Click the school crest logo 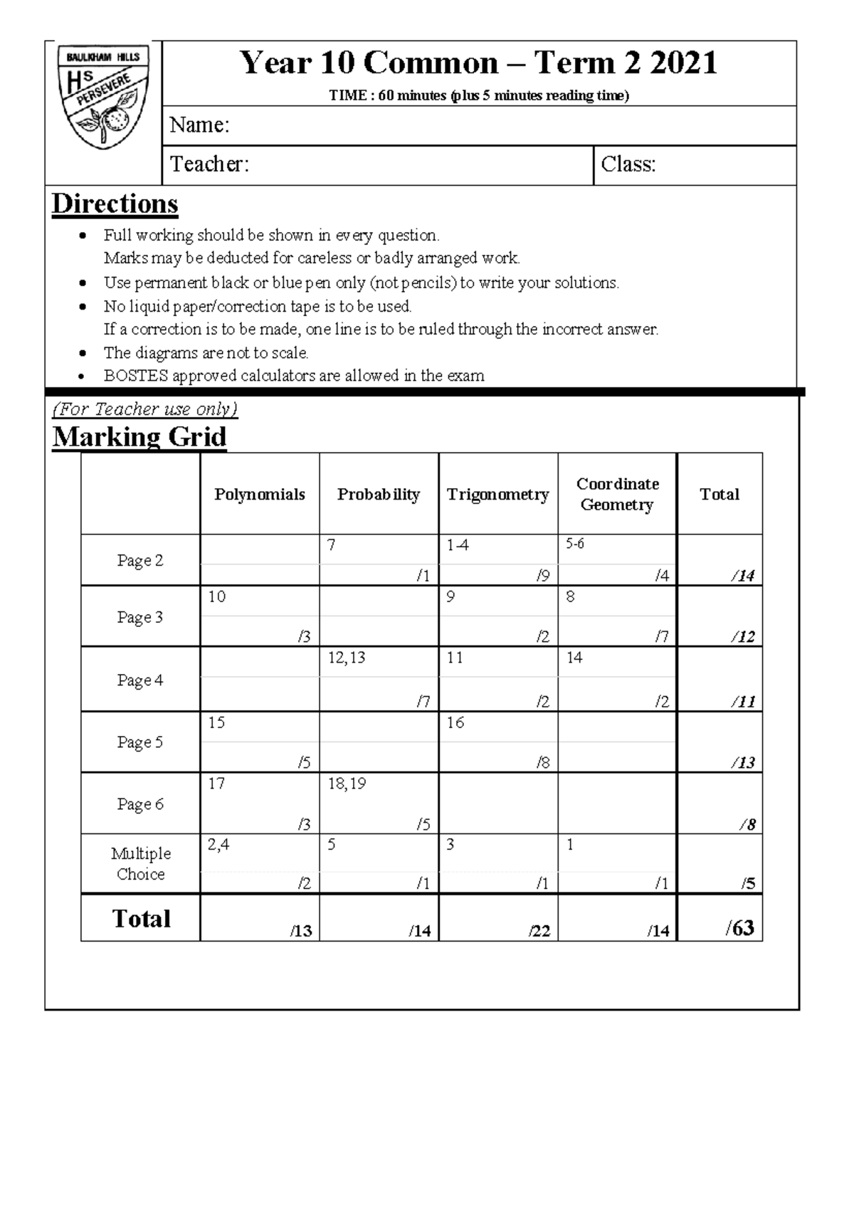[x=103, y=97]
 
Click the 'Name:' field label [x=199, y=125]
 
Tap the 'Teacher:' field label [x=209, y=164]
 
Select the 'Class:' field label [x=628, y=164]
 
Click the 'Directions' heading [x=115, y=204]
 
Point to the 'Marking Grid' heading [x=139, y=436]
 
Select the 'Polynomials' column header [x=260, y=495]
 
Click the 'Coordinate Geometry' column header [x=617, y=494]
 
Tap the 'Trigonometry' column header [x=497, y=495]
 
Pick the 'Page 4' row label [x=140, y=680]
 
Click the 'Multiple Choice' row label [x=140, y=863]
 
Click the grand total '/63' [x=740, y=928]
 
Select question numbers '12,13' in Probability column [x=347, y=658]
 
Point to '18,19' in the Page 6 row [x=347, y=784]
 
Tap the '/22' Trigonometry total [x=539, y=931]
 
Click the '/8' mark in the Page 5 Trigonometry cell [x=543, y=763]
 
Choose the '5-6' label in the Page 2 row [x=575, y=544]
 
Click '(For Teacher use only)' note [x=144, y=409]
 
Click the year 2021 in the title [x=683, y=63]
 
